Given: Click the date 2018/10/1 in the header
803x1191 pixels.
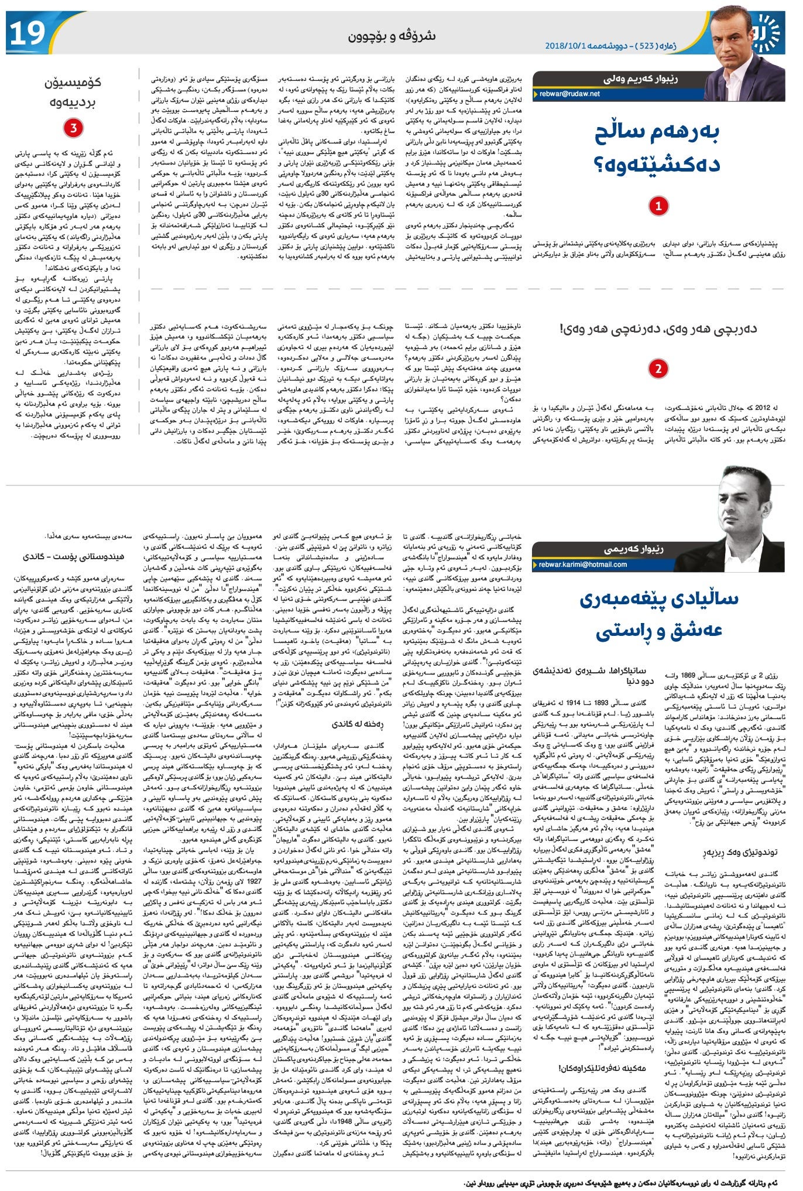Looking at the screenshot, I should pyautogui.click(x=566, y=46).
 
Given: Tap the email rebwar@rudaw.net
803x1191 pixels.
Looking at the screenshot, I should pyautogui.click(x=569, y=94).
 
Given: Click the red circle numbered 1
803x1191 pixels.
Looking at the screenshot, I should pyautogui.click(x=659, y=206).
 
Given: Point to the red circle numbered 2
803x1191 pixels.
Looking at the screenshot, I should pyautogui.click(x=659, y=369).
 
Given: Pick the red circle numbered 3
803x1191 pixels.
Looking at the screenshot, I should pyautogui.click(x=73, y=128).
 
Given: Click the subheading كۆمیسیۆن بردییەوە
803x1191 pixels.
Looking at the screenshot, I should pyautogui.click(x=73, y=92).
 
